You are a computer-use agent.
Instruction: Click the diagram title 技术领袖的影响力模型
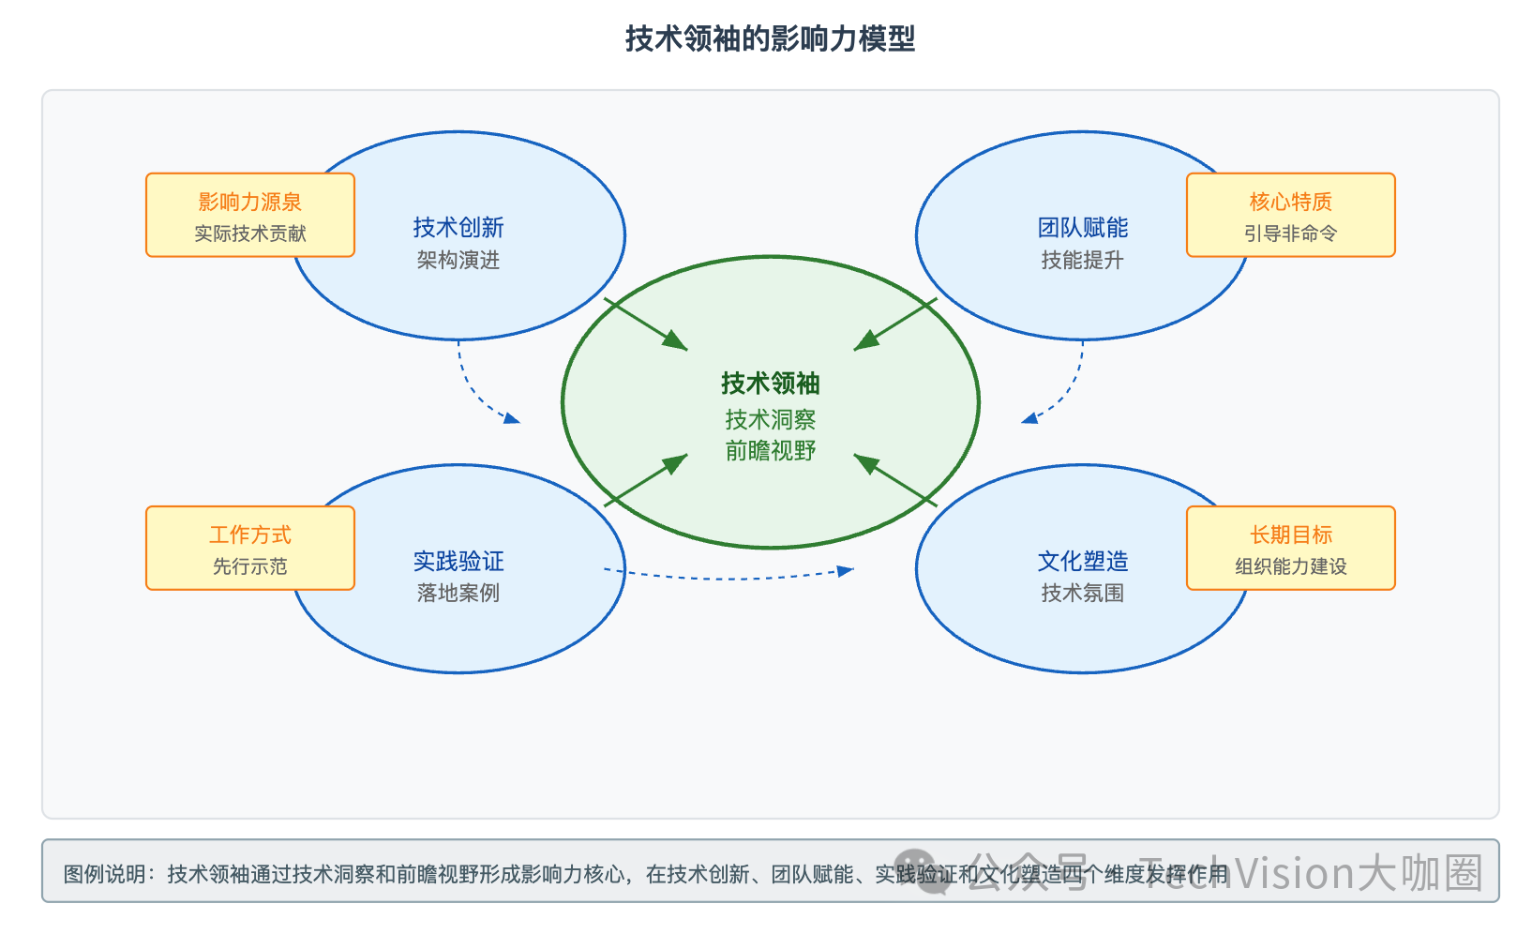(x=770, y=38)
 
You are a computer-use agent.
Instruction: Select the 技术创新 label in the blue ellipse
(x=458, y=227)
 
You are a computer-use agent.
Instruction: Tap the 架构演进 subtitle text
(x=458, y=260)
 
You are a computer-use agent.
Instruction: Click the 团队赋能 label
(x=1082, y=227)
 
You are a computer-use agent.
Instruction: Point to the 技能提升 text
(x=1082, y=260)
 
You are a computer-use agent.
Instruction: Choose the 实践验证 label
(x=458, y=561)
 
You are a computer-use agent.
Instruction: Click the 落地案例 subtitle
(x=458, y=593)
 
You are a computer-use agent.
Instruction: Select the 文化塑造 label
(x=1082, y=561)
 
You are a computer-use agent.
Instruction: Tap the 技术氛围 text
(x=1082, y=593)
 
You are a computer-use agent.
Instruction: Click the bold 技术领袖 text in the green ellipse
(x=770, y=383)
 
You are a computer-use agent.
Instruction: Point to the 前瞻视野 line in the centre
(x=770, y=451)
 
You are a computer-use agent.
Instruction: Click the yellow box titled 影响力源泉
(x=250, y=215)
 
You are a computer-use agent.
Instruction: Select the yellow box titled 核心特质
(x=1290, y=215)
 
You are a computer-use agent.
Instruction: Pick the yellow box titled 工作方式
(x=250, y=549)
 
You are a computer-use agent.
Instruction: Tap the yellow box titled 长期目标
(x=1290, y=549)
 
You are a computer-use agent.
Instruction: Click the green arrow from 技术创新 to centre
(x=646, y=324)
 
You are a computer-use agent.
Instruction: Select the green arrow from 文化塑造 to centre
(x=895, y=480)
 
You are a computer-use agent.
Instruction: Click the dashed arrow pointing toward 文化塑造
(x=731, y=576)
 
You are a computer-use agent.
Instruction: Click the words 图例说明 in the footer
(x=104, y=874)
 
